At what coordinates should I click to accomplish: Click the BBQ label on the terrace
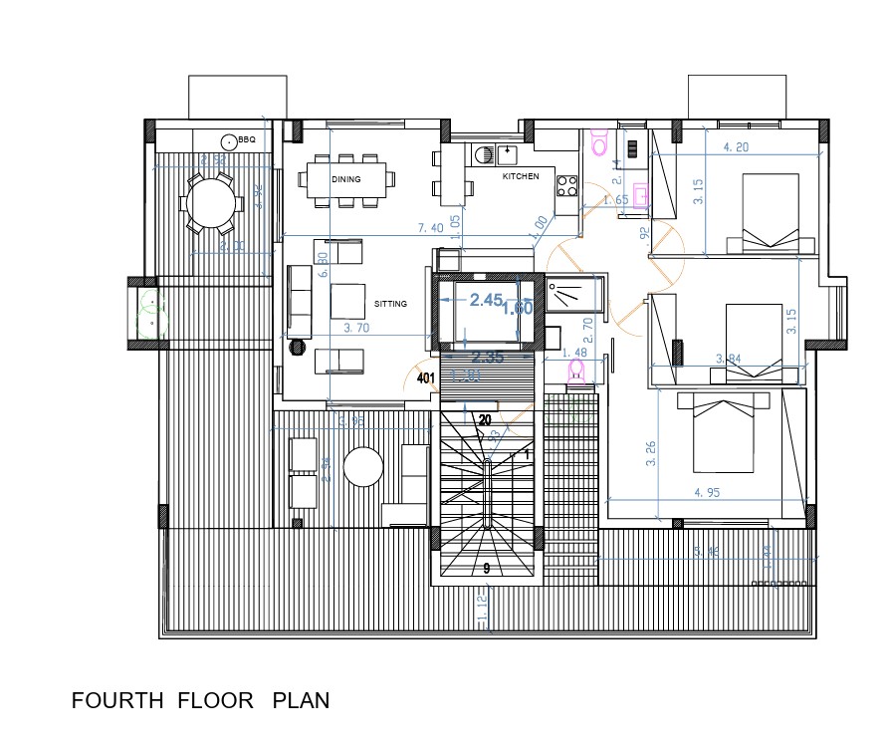coord(247,140)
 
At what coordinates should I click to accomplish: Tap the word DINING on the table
coord(346,179)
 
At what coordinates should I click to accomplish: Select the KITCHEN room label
coord(521,176)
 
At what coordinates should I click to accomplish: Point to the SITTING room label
coord(390,304)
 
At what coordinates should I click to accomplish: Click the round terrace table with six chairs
coord(210,203)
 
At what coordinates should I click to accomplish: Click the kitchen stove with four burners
coord(567,185)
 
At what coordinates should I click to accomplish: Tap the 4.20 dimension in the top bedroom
coord(735,147)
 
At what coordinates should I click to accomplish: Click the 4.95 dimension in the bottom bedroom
coord(709,493)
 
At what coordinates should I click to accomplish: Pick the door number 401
coord(426,378)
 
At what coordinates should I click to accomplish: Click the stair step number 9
coord(486,569)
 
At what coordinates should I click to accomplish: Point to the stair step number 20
coord(484,420)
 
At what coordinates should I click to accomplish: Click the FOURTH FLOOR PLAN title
coord(200,701)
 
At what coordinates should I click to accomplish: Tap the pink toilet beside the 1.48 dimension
coord(574,372)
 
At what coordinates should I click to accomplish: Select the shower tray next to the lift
coord(573,293)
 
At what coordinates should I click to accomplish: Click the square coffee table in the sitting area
coord(347,300)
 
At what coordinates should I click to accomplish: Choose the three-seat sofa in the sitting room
coord(298,300)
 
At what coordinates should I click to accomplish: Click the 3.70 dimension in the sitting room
coord(357,328)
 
